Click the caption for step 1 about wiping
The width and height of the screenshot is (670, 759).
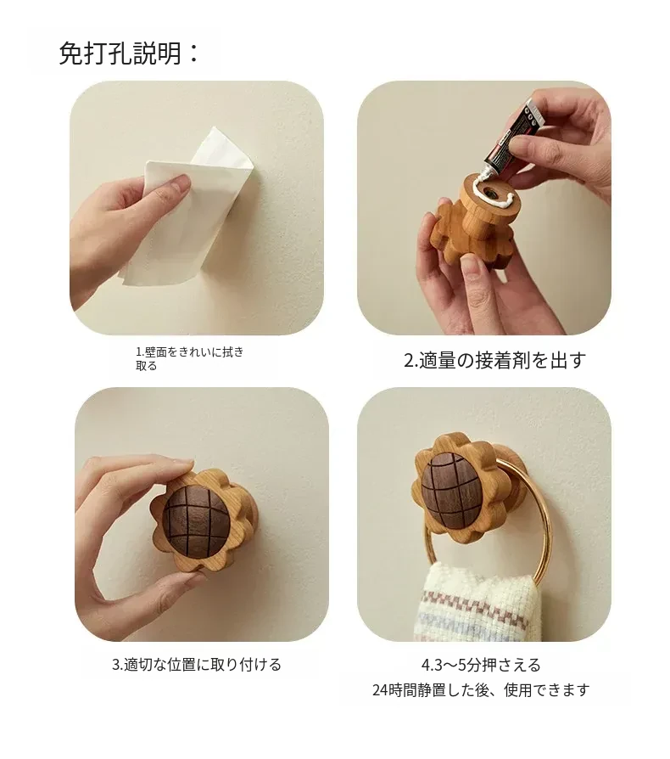pos(189,358)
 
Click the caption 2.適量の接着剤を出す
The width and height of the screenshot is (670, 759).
pos(495,360)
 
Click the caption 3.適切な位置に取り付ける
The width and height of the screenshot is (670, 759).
pos(197,665)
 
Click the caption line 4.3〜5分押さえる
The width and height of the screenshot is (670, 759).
pos(481,665)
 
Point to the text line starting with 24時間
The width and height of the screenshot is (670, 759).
pos(481,689)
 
